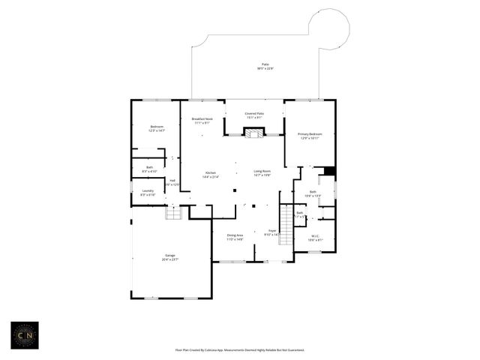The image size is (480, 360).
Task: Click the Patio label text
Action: [265, 64]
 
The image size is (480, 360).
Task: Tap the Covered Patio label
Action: [254, 114]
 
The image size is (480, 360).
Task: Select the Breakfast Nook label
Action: [202, 119]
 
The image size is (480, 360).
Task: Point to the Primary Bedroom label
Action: [310, 134]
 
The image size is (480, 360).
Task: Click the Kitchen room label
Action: [210, 173]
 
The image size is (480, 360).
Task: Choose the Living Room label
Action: [262, 171]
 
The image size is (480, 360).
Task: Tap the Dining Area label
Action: [235, 235]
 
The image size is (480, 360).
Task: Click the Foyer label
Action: [272, 231]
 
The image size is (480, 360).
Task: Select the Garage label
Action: [170, 256]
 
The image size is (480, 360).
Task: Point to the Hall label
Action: [172, 180]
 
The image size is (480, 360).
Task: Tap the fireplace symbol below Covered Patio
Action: [254, 133]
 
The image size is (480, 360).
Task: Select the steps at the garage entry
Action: [173, 214]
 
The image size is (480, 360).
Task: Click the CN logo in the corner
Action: [24, 335]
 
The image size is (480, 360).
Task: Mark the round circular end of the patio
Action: [329, 28]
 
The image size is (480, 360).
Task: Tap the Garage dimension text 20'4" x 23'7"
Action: [170, 259]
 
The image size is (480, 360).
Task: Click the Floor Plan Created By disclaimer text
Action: [239, 349]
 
